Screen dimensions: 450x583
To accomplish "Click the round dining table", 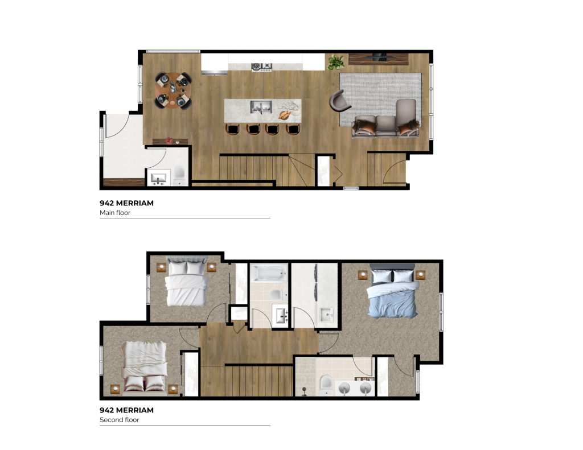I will click(173, 90).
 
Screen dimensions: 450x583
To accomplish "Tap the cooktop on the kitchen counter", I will click(262, 67).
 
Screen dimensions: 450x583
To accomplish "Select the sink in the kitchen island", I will click(262, 106).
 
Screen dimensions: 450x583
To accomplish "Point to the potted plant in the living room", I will click(335, 61).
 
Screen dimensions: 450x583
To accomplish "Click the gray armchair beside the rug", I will click(340, 102).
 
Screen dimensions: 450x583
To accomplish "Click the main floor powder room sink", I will click(158, 178).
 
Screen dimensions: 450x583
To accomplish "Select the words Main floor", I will click(115, 213).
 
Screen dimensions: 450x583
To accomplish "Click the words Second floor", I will click(120, 420).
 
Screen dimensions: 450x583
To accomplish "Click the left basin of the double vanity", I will click(344, 388).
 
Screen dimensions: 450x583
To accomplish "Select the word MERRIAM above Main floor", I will click(134, 203).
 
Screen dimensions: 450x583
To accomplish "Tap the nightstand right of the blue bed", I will click(421, 275).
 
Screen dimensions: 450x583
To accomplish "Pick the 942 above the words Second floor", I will click(106, 410).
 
